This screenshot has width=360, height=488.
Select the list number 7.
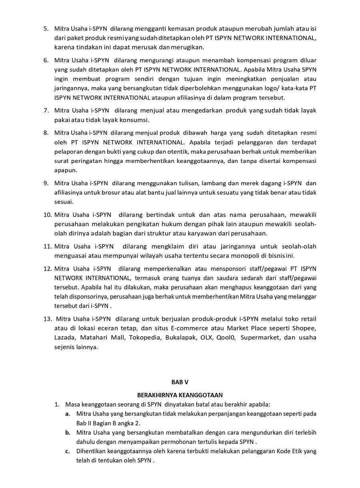(46, 110)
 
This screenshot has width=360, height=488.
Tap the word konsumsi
(136, 120)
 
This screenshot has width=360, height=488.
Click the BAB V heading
(180, 382)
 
